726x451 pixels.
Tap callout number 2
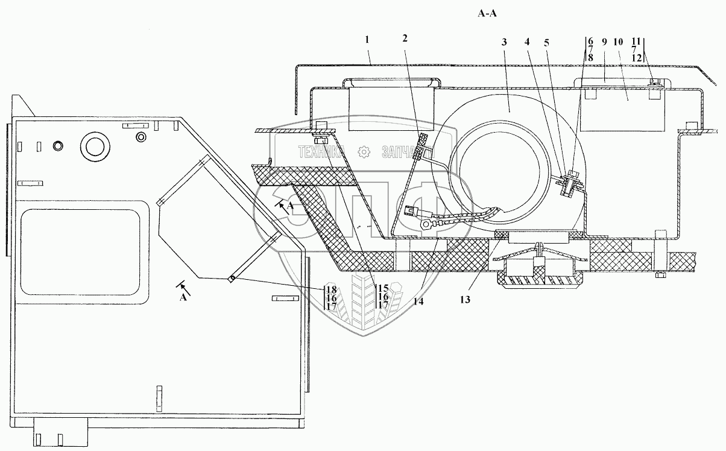405,39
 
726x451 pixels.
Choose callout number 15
382,288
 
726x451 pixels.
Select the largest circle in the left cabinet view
95,145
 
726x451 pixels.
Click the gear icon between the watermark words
363,152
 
